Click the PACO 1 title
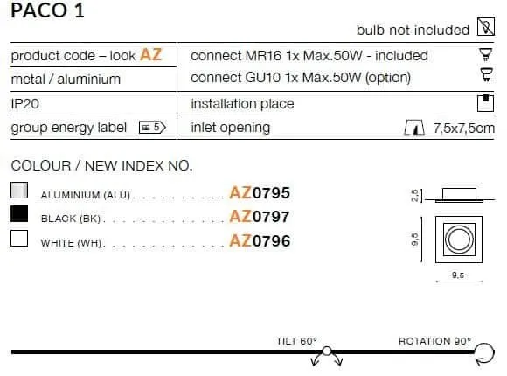tap(47, 10)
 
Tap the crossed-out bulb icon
tap(486, 27)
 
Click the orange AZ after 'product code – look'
tap(150, 55)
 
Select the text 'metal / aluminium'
tap(66, 80)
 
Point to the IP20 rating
tap(24, 104)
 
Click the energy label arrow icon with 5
tap(152, 127)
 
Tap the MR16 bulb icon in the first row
tap(485, 54)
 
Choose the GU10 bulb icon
tap(486, 74)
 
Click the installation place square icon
tap(485, 103)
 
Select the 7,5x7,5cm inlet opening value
tap(463, 129)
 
